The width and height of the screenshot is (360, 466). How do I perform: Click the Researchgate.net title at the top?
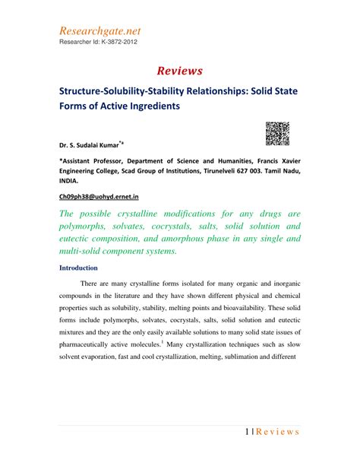click(x=99, y=31)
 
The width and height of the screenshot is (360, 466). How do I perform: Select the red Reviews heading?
click(x=180, y=71)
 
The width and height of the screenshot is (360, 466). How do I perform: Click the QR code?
click(x=277, y=132)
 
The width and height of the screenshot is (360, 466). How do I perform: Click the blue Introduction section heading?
click(x=78, y=268)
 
